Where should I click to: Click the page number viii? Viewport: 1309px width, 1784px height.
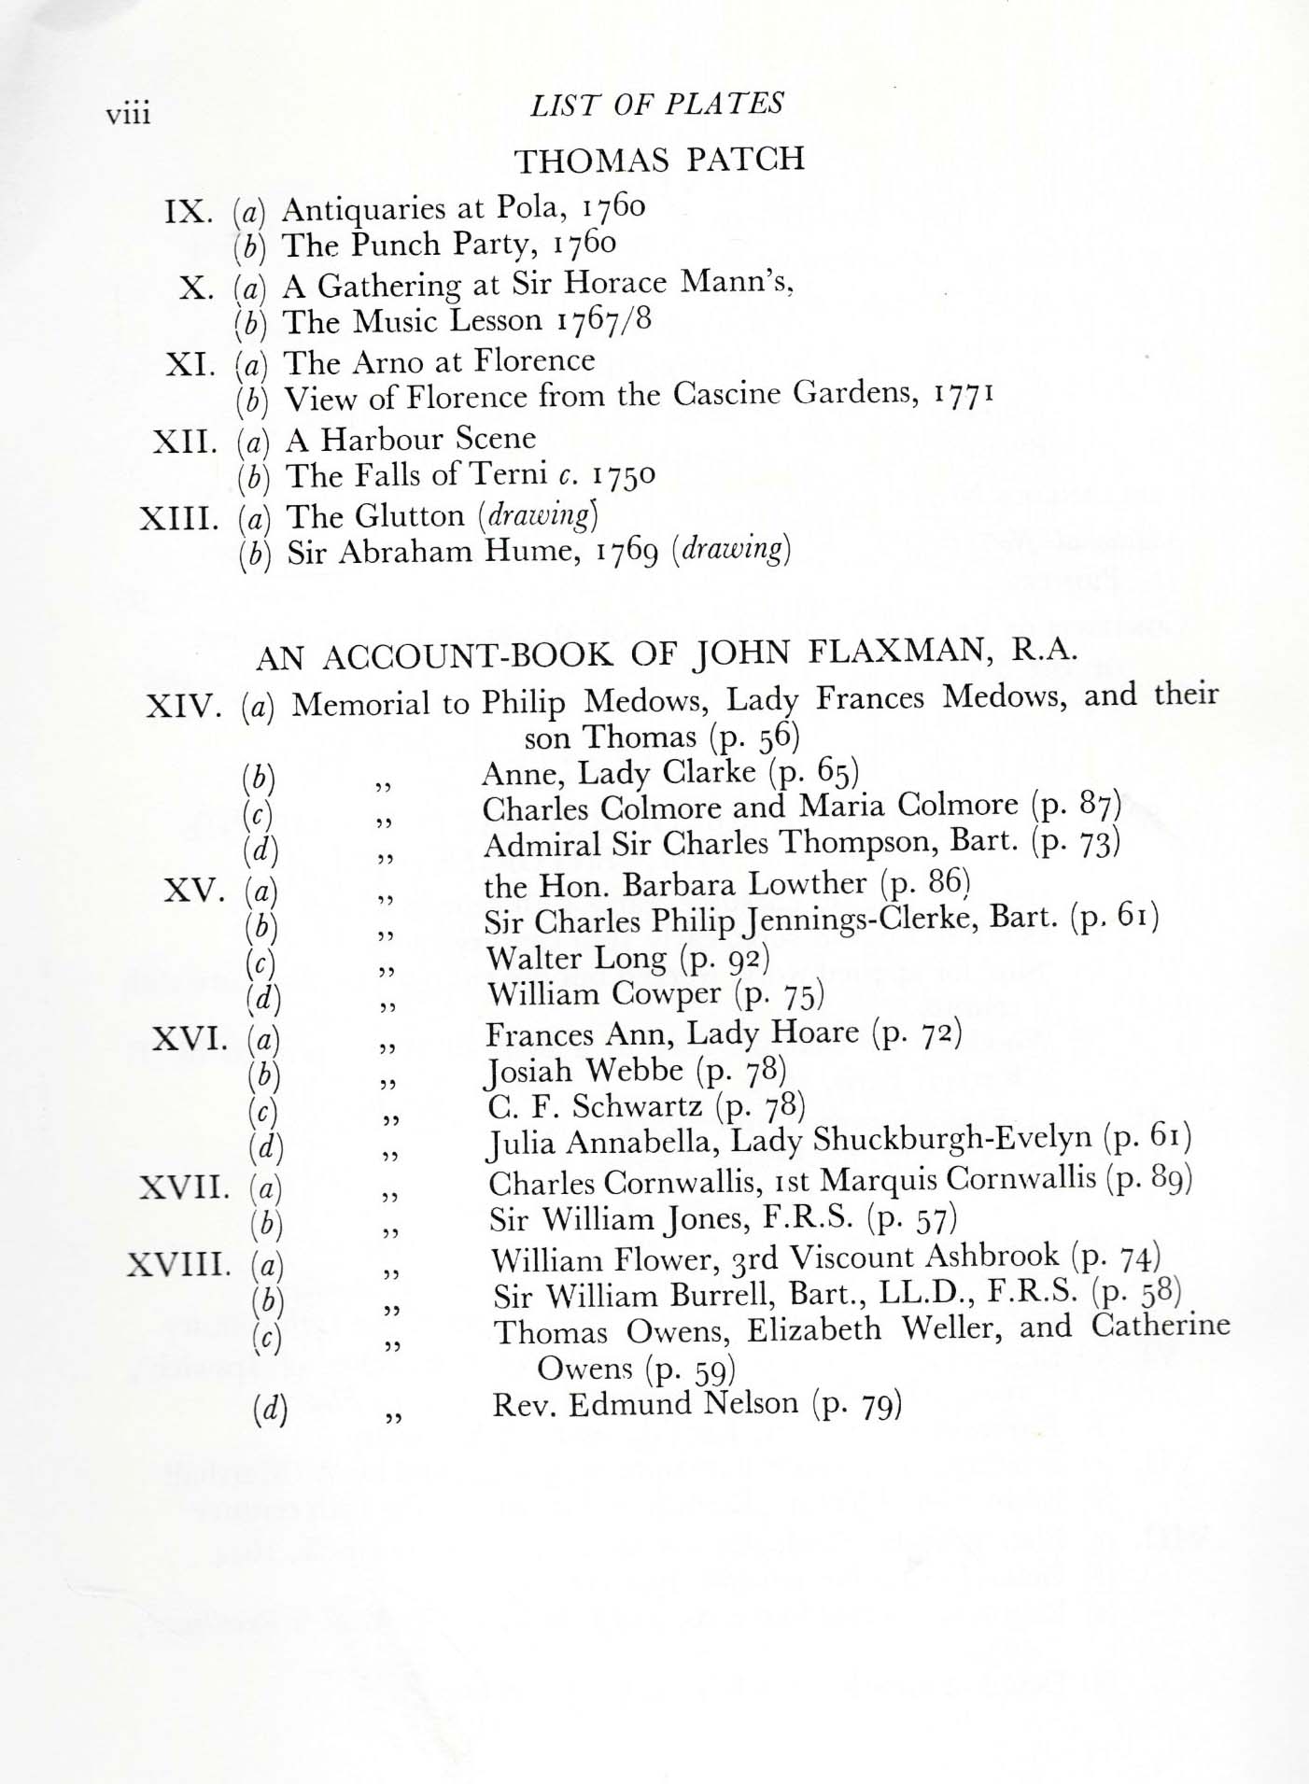pos(128,114)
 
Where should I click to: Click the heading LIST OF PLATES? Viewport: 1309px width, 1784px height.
pos(657,105)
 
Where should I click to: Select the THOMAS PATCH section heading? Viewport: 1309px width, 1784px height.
pos(659,161)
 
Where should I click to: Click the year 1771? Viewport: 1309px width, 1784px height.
pos(961,392)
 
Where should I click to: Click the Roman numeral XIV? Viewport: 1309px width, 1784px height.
pos(183,706)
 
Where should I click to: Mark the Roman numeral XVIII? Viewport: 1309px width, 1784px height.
pos(177,1266)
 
